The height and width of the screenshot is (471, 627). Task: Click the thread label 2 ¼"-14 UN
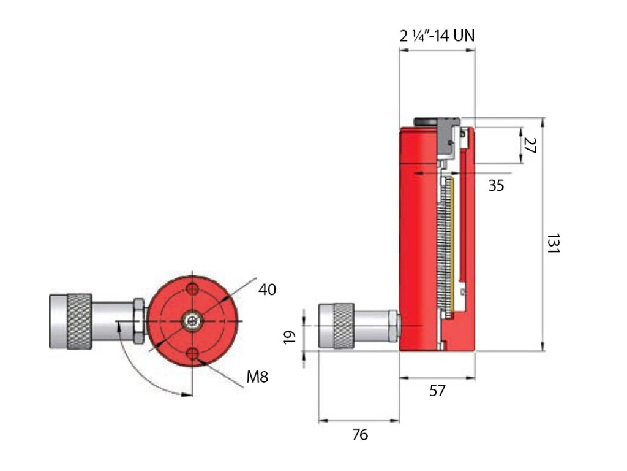tap(437, 36)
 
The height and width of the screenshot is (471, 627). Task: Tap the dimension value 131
tap(554, 244)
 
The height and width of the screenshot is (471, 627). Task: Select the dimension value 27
tap(530, 145)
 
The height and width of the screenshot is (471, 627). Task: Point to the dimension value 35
tap(497, 185)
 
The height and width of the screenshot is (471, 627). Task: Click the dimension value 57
tap(437, 390)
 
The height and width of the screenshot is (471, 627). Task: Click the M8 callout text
tap(257, 377)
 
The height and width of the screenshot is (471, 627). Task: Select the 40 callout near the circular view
tap(267, 289)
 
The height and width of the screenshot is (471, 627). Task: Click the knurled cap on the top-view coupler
tap(79, 321)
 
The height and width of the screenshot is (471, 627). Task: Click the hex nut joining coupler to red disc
tap(139, 321)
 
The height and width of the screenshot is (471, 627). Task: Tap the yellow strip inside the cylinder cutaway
tap(454, 239)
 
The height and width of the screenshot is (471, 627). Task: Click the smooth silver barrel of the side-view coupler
tap(374, 326)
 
